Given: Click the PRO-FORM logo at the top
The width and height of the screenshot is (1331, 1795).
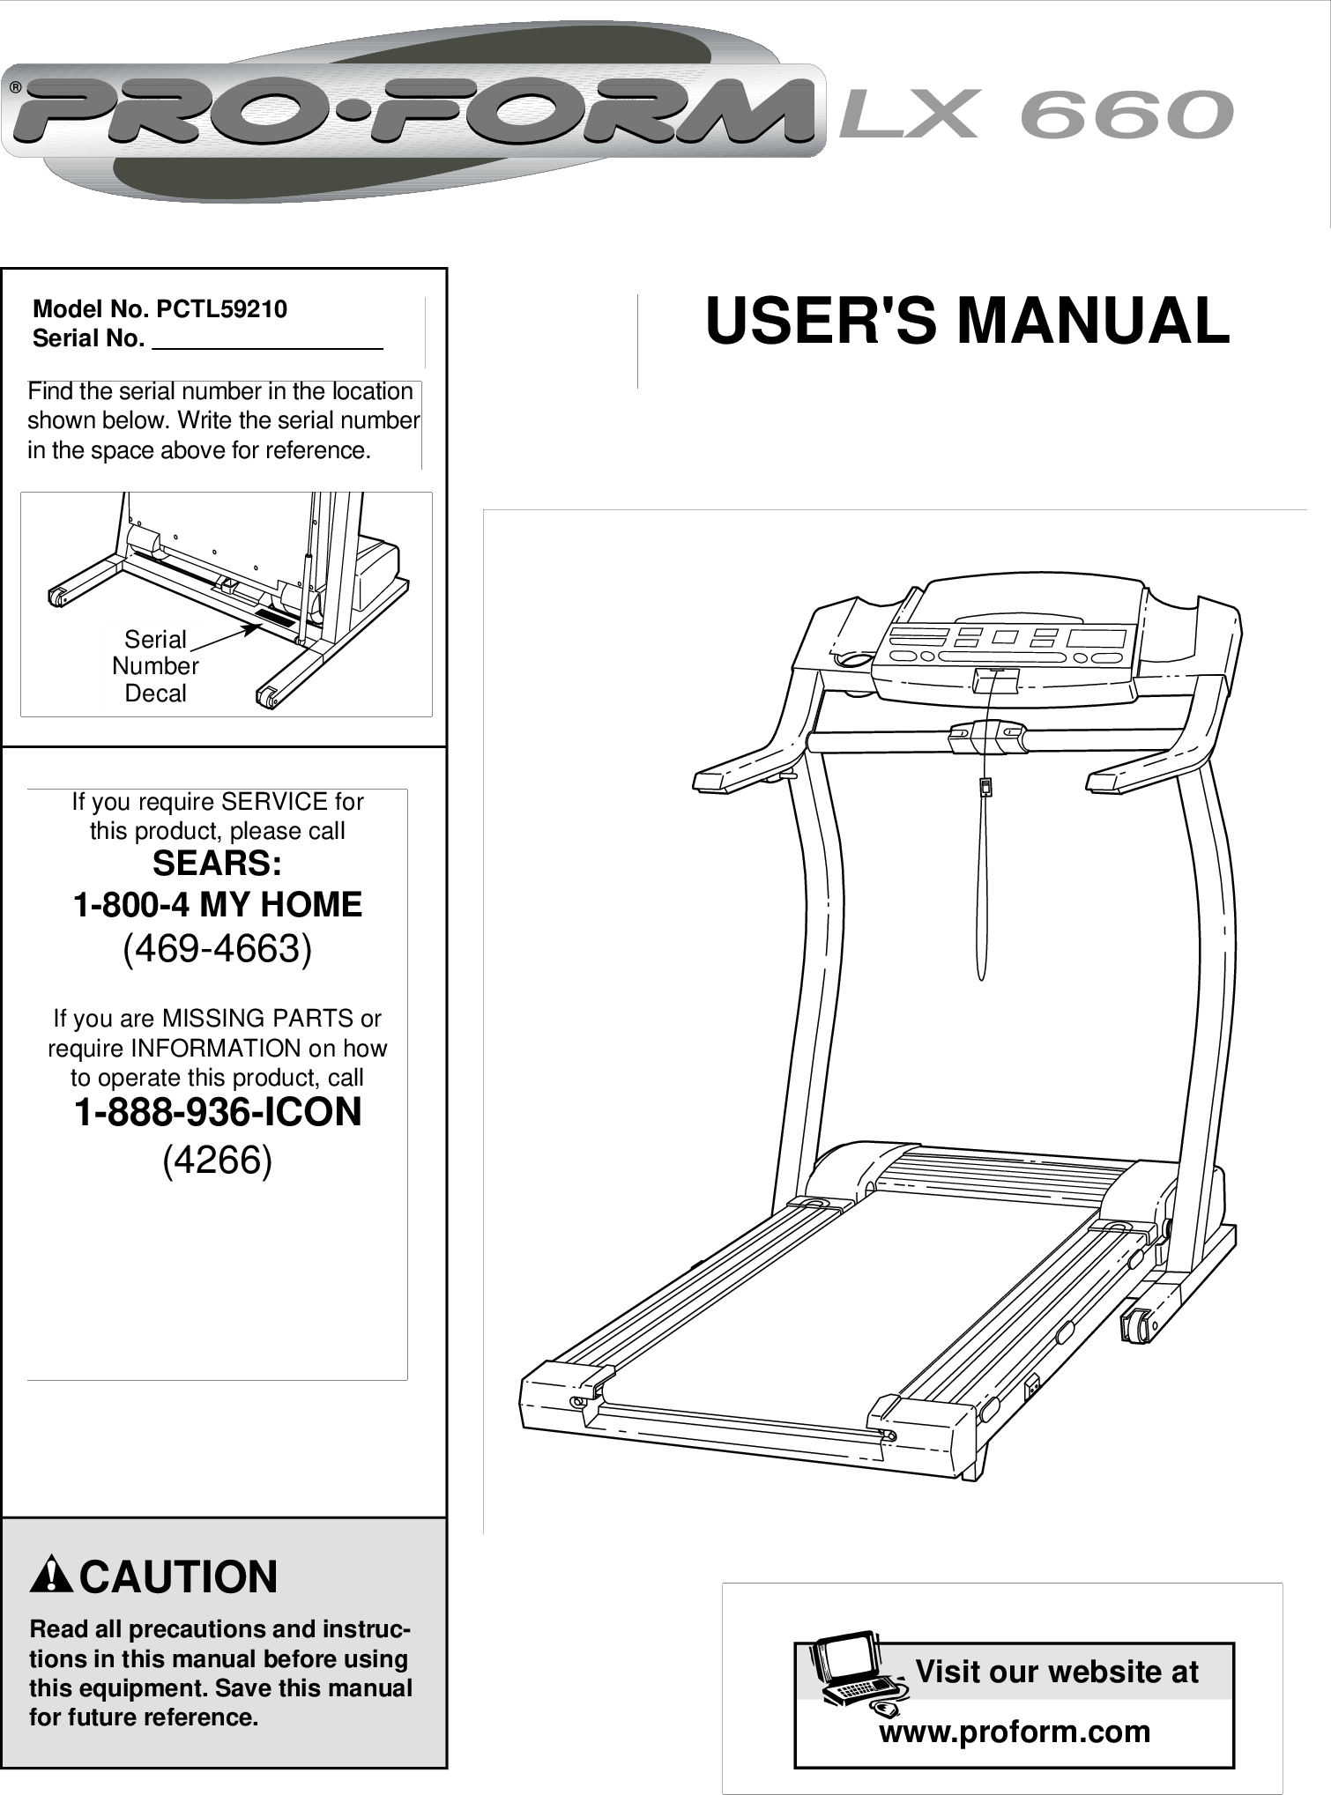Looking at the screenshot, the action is pyautogui.click(x=414, y=113).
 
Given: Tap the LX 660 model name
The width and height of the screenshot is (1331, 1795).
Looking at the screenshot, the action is pyautogui.click(x=1036, y=115).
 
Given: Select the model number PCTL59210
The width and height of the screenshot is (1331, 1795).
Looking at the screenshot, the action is pyautogui.click(x=221, y=309).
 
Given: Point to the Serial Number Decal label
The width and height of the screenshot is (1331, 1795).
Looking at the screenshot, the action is pyautogui.click(x=155, y=666).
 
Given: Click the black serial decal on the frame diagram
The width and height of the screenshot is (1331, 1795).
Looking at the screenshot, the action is pyautogui.click(x=278, y=618).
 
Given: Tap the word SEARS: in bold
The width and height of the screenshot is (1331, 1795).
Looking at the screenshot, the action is pyautogui.click(x=217, y=864).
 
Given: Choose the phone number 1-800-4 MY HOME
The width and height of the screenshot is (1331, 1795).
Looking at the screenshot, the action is pyautogui.click(x=217, y=905).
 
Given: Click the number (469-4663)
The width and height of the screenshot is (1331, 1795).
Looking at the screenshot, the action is pyautogui.click(x=217, y=949).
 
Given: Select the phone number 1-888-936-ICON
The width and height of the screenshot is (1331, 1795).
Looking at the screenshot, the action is pyautogui.click(x=217, y=1112).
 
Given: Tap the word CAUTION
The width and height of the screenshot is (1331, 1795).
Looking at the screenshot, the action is pyautogui.click(x=179, y=1576).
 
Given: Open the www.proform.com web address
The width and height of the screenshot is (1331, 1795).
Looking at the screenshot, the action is pyautogui.click(x=1015, y=1732).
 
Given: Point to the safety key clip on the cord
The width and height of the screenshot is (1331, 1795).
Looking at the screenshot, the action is pyautogui.click(x=985, y=786).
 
